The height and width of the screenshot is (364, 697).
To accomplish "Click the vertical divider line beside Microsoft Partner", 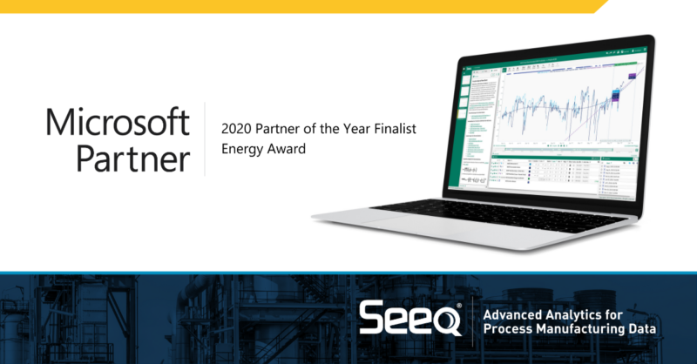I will [x=206, y=139].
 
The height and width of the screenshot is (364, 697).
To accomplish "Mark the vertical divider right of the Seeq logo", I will [x=471, y=320].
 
